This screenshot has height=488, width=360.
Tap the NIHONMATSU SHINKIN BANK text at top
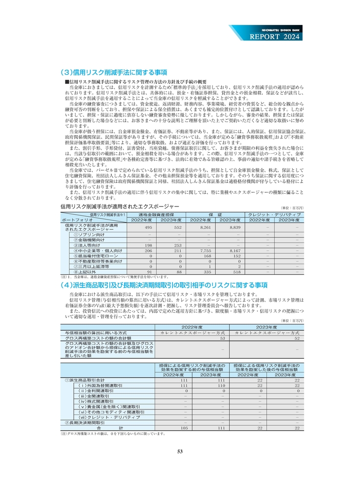click(x=277, y=28)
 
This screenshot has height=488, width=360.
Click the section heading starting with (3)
click(x=113, y=72)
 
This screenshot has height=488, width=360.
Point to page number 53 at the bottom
click(x=180, y=451)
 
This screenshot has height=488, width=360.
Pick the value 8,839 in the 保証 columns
click(x=235, y=227)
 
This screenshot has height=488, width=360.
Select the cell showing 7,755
click(x=206, y=250)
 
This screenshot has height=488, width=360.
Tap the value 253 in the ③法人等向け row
click(x=178, y=245)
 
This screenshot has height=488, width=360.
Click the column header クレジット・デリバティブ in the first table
click(x=274, y=215)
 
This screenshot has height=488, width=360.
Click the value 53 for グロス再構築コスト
click(x=222, y=338)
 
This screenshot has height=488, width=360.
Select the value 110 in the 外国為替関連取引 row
click(x=220, y=385)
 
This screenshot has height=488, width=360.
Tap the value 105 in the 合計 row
click(x=184, y=428)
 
